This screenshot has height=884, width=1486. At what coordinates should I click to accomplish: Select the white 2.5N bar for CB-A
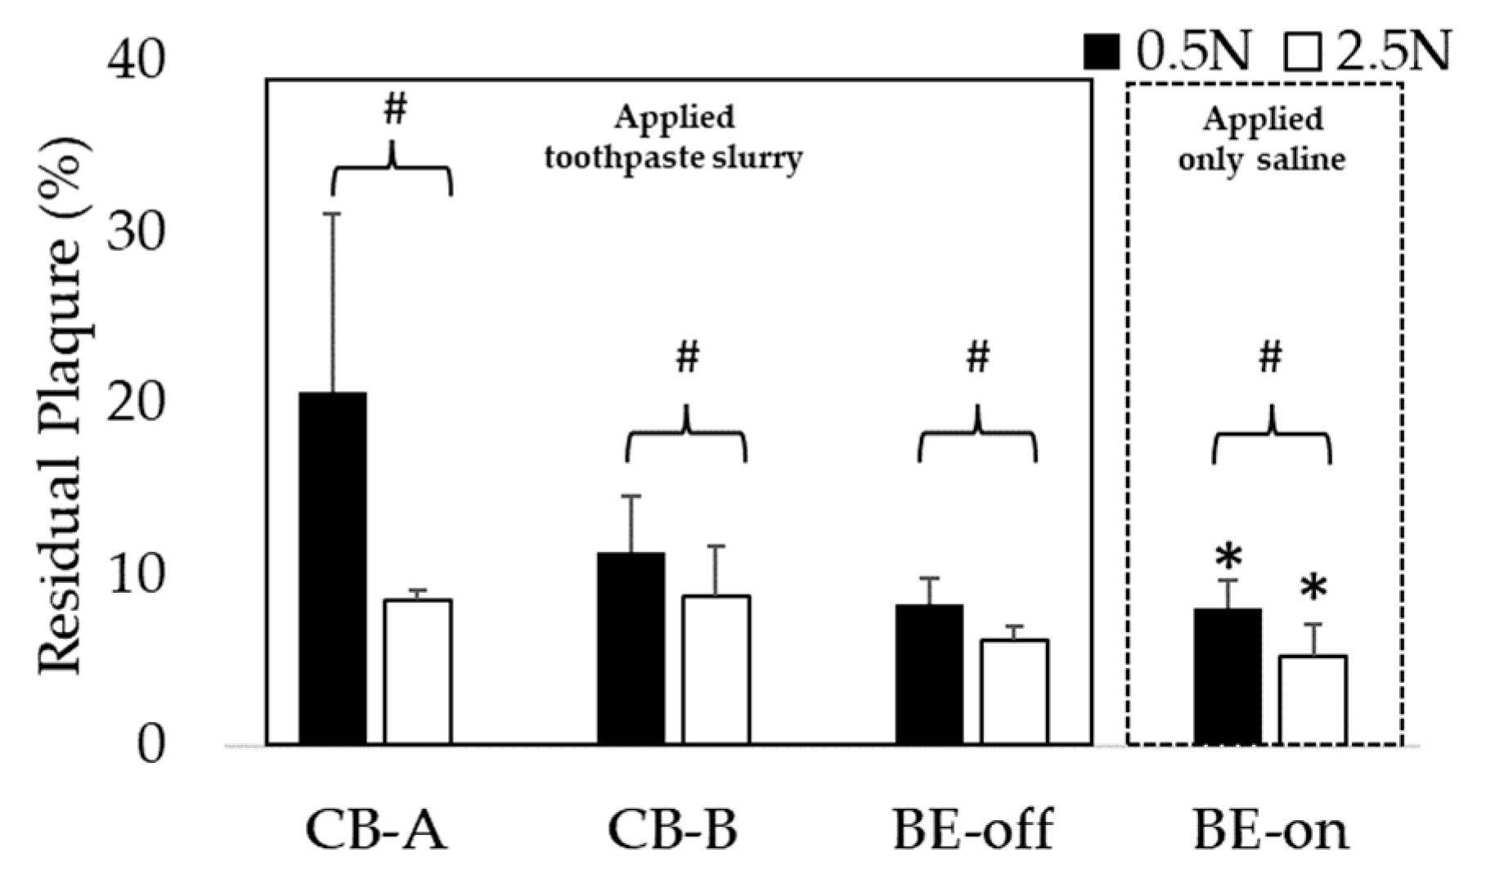[x=418, y=671]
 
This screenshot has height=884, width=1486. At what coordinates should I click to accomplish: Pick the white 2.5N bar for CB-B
[x=716, y=670]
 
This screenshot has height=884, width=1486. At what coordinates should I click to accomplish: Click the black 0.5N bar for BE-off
[x=929, y=675]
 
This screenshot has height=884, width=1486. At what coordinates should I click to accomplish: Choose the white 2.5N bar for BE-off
[x=1014, y=692]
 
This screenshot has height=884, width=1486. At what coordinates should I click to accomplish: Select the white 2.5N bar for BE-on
[x=1313, y=700]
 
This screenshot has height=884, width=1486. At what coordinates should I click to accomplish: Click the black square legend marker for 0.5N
[x=1102, y=52]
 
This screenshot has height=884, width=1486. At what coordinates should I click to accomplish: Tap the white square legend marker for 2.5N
[x=1303, y=52]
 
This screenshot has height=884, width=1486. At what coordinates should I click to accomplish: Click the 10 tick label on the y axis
[x=136, y=575]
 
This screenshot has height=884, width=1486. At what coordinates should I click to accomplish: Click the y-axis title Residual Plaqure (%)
[x=62, y=405]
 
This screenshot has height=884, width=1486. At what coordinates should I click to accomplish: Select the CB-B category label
[x=672, y=830]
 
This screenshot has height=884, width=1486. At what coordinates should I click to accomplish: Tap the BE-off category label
[x=973, y=830]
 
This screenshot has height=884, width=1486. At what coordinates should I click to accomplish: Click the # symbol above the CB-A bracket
[x=394, y=110]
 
